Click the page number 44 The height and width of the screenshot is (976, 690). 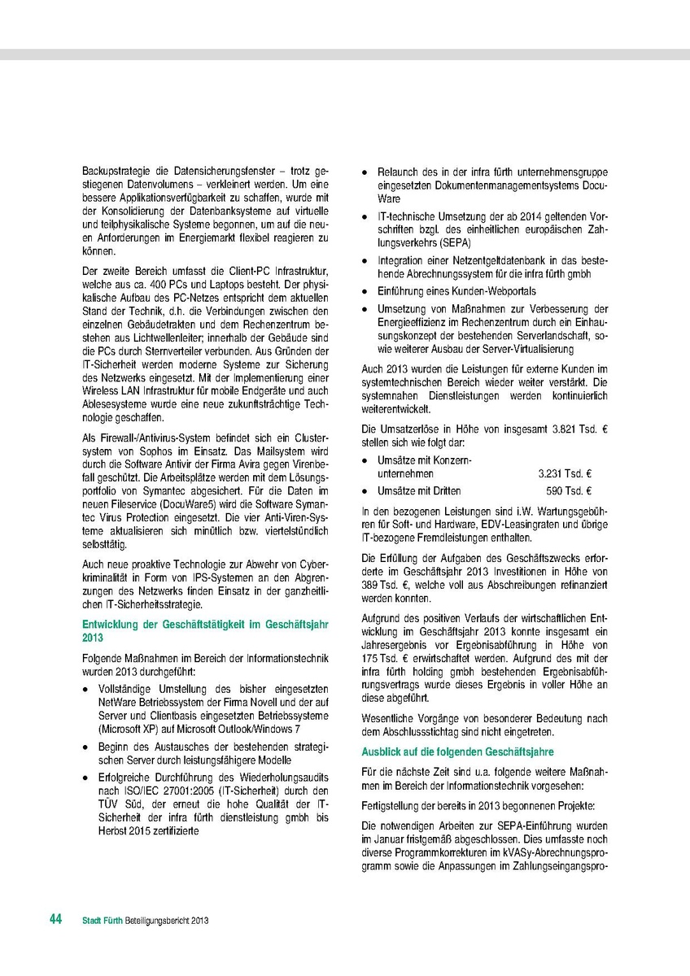click(x=55, y=919)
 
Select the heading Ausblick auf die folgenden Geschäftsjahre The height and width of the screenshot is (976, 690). click(x=457, y=751)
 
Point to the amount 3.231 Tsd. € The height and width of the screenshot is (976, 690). click(x=564, y=473)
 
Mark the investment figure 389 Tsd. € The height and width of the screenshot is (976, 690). click(x=384, y=586)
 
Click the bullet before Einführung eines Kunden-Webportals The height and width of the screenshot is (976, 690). click(x=367, y=291)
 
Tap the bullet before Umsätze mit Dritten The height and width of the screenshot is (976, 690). click(x=367, y=491)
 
